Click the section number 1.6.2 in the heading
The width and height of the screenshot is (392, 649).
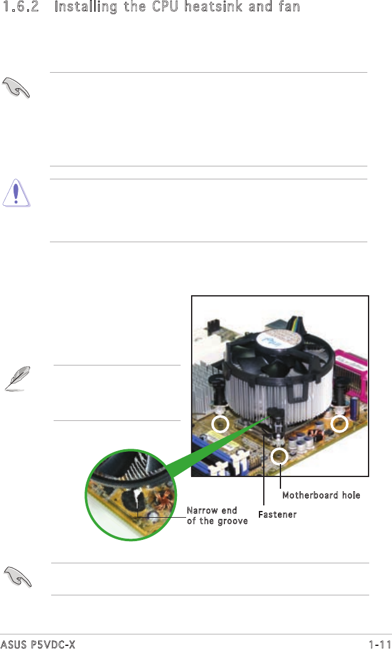(x=20, y=7)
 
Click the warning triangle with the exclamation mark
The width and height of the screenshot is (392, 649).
(x=16, y=193)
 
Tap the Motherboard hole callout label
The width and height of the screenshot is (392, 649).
(x=321, y=495)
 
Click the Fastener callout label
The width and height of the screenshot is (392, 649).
(x=277, y=515)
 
